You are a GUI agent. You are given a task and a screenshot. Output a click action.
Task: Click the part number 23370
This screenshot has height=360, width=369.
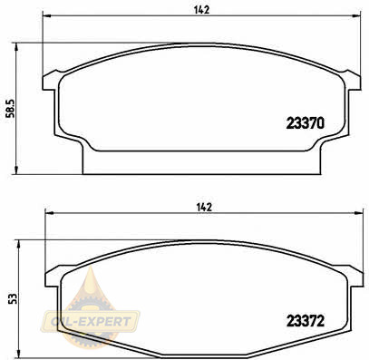coord(306,123)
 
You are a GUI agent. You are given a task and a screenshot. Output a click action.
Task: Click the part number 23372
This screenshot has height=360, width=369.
coord(306,321)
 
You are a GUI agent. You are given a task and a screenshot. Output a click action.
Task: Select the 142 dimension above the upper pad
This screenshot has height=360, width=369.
coord(201,10)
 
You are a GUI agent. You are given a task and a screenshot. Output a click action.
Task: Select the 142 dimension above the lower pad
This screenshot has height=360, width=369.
coord(204,208)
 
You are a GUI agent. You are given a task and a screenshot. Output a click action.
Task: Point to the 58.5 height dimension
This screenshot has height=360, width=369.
coord(11,109)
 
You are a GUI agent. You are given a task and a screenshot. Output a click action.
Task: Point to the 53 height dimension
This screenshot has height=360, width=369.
coord(13,299)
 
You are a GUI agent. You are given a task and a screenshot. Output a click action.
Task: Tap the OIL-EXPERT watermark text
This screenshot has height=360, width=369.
coord(91,321)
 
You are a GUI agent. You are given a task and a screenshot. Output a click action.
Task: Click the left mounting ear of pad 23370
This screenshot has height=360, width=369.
coord(50,81)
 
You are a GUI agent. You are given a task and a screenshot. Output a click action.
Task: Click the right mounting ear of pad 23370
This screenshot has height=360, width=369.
coord(353,81)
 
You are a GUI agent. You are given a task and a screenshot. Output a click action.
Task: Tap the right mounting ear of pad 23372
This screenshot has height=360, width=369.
coord(354,277)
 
